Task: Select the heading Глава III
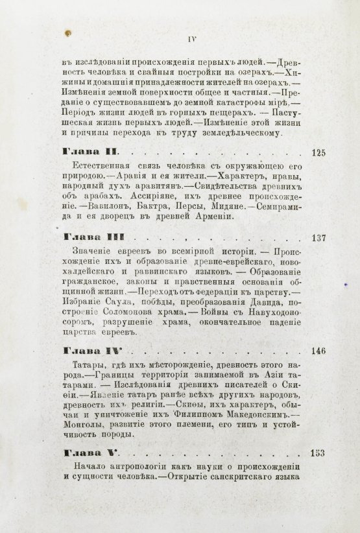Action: pyautogui.click(x=90, y=237)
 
